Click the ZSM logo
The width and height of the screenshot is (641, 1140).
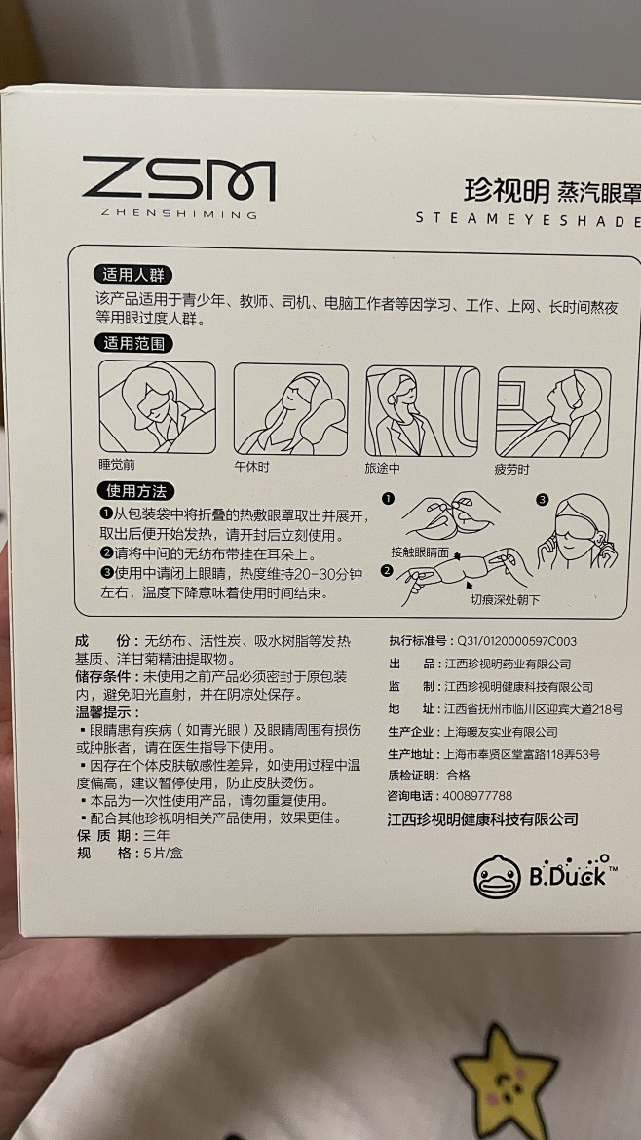point(178,178)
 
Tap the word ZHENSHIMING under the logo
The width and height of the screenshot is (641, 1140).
point(170,214)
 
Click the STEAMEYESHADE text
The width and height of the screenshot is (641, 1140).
point(528,220)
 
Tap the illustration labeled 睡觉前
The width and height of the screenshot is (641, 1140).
point(157,407)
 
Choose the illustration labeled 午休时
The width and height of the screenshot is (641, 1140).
point(290,409)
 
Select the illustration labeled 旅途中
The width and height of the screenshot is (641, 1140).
point(422,411)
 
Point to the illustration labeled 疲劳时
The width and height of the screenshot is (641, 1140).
point(553,412)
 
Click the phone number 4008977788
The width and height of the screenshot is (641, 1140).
point(477,796)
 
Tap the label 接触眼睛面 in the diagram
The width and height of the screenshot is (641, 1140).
point(420,551)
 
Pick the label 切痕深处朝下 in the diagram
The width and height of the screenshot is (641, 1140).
point(505,600)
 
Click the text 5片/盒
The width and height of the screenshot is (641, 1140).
point(164,853)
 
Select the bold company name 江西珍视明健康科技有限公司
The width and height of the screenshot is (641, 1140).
point(483,819)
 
